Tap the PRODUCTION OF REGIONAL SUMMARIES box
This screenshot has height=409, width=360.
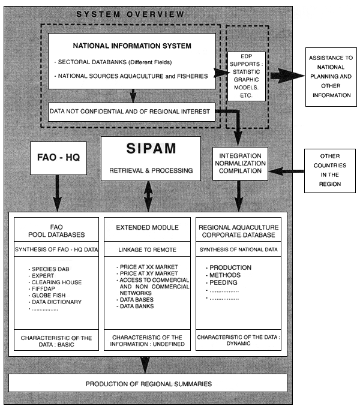148,384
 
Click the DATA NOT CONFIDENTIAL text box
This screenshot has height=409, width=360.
132,112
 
